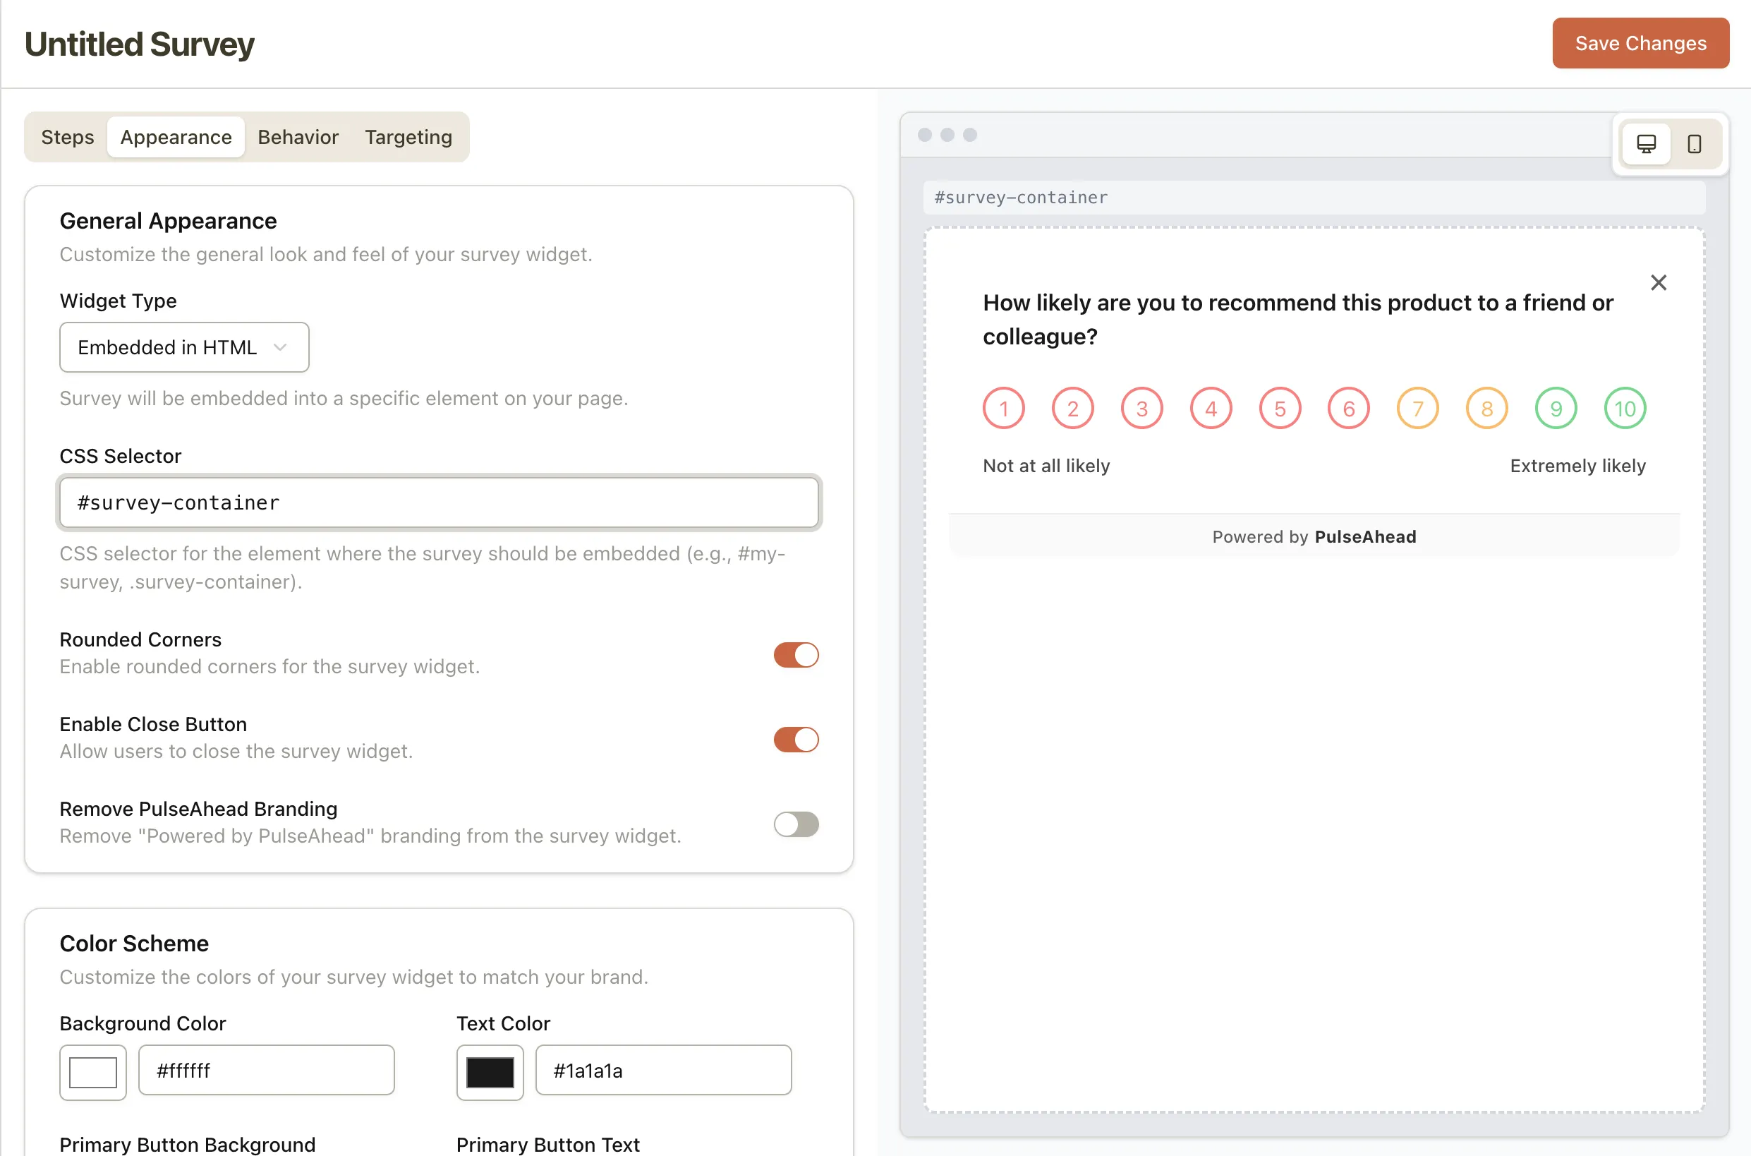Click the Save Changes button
point(1640,44)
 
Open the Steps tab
point(67,137)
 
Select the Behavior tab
point(298,137)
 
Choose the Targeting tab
point(408,137)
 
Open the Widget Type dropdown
point(183,347)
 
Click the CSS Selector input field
point(439,502)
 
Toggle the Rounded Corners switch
point(795,655)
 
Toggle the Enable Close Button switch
point(795,740)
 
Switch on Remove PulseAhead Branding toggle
point(795,824)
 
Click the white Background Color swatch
point(93,1072)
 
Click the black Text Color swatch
point(490,1072)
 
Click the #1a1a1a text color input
point(663,1071)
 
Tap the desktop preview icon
point(1646,144)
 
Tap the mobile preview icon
point(1695,144)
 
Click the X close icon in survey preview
point(1658,282)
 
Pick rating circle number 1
point(1003,409)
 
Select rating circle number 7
point(1417,409)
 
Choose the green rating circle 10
point(1624,409)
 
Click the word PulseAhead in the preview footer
point(1365,536)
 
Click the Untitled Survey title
point(139,44)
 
